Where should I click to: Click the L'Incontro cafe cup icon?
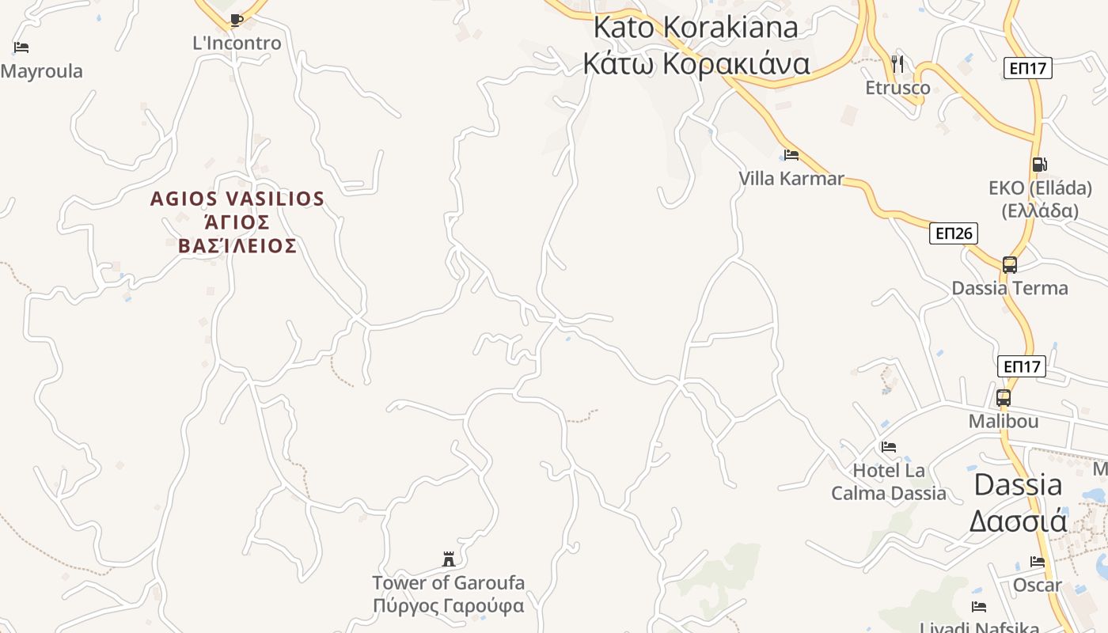(236, 20)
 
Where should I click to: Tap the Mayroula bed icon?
(21, 47)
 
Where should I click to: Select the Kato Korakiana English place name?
(696, 27)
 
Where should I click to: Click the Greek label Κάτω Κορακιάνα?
(696, 63)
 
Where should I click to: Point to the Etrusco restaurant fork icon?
(897, 63)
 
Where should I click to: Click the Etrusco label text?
(897, 88)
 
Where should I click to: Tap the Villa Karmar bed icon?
(791, 154)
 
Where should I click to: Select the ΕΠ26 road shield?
(953, 233)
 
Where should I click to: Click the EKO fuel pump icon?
(1039, 165)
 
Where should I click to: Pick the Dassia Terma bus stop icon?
(1009, 265)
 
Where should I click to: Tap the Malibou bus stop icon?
(1003, 398)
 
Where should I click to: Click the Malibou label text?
(1003, 422)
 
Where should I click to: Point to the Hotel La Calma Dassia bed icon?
(888, 447)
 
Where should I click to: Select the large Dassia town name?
(1018, 484)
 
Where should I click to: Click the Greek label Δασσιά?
(1018, 521)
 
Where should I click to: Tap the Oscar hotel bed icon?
(1038, 562)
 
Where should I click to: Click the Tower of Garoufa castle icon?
(449, 559)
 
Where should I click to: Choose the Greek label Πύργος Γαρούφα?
(449, 607)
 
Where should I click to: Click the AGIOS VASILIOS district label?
(237, 199)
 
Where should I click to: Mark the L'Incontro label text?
(237, 44)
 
